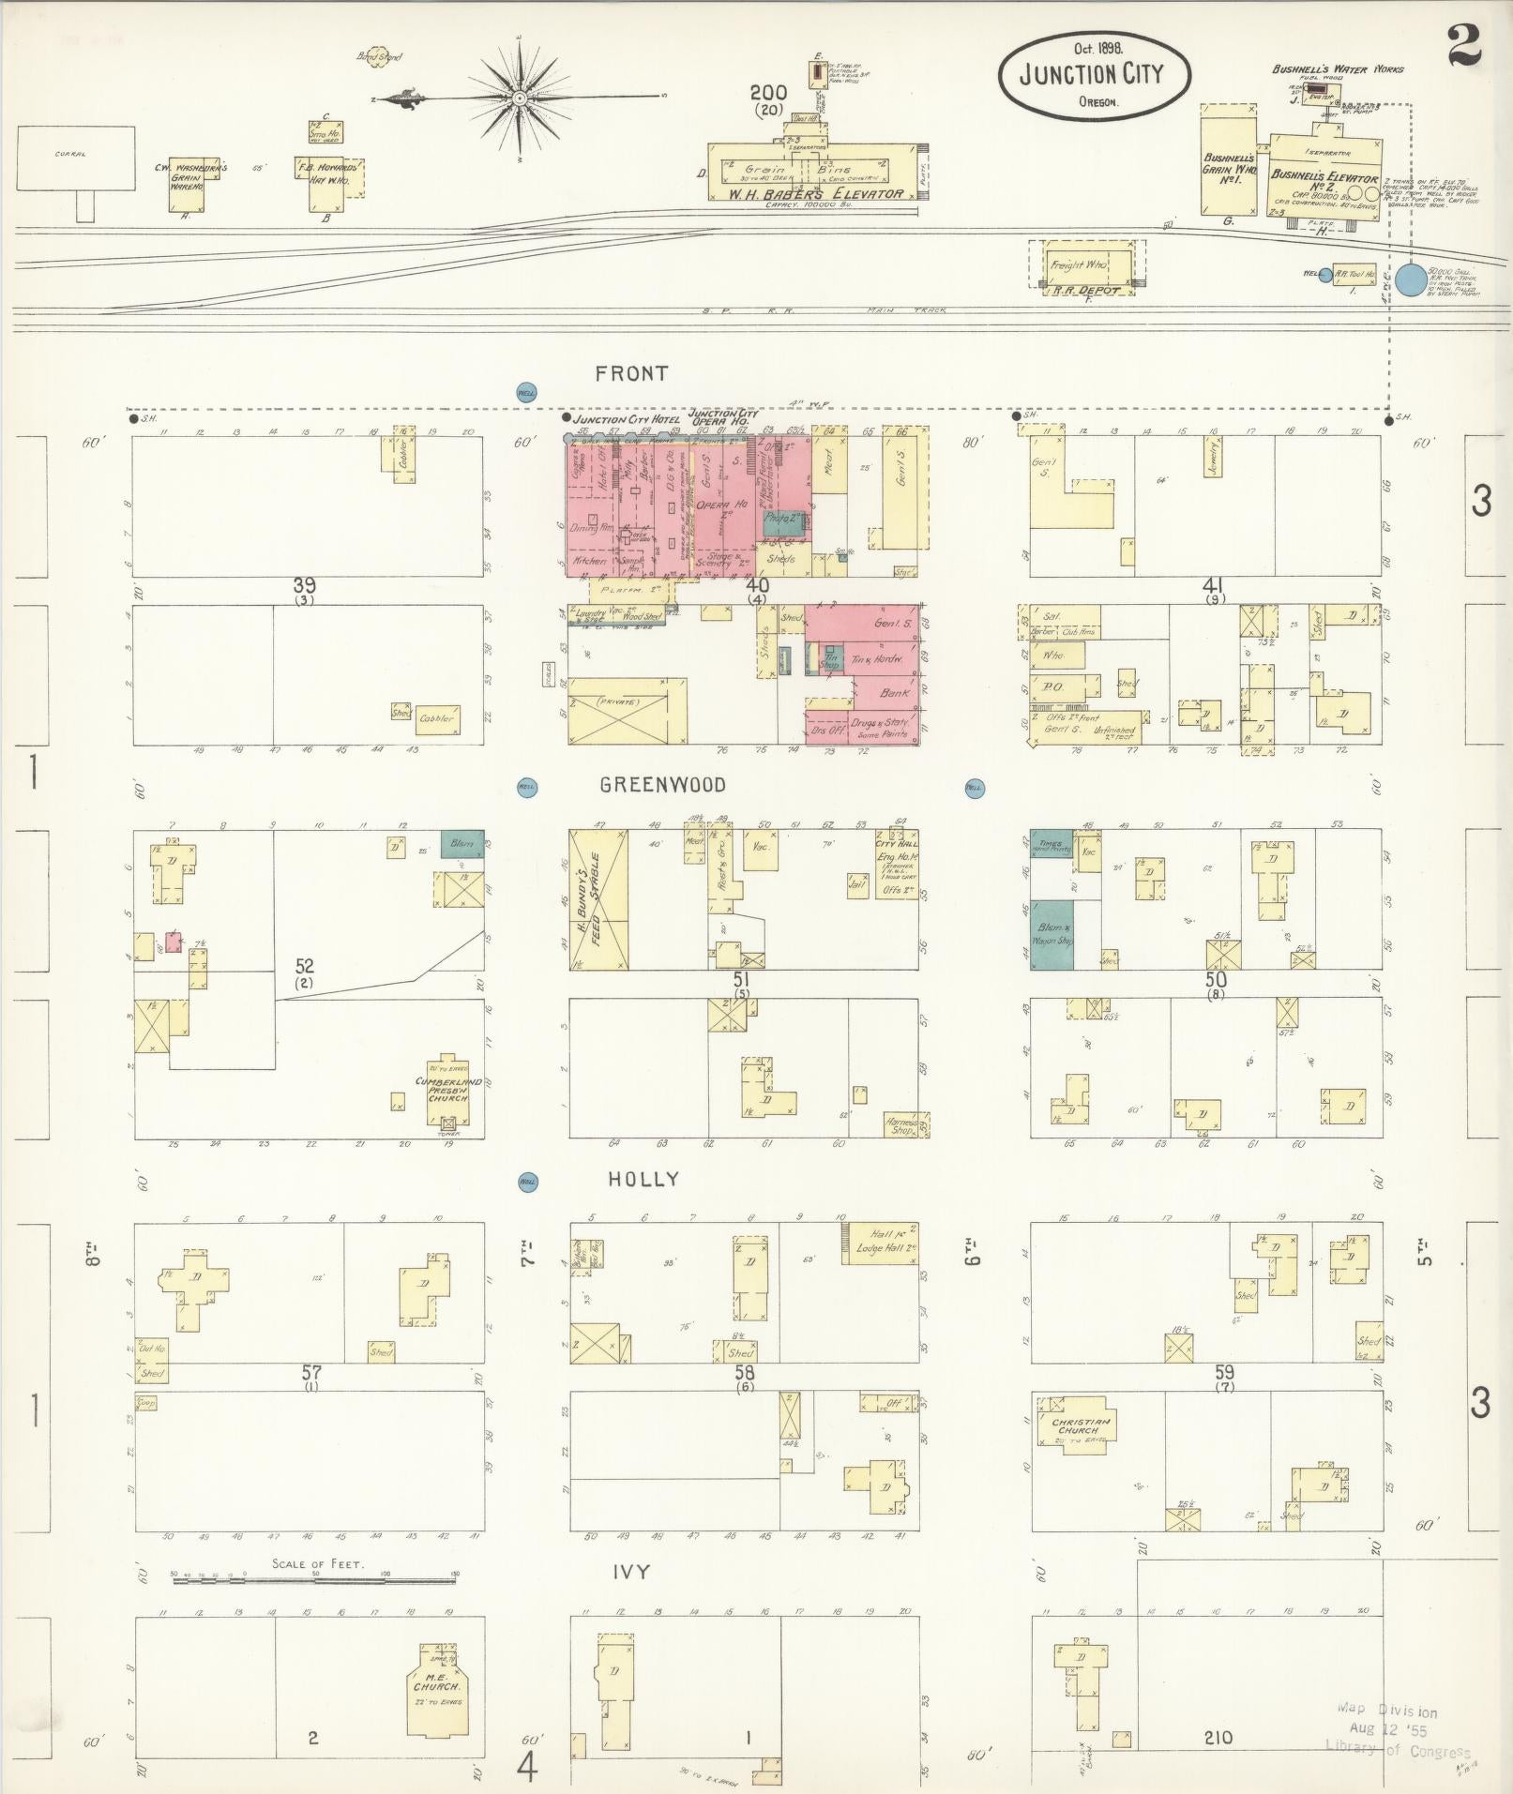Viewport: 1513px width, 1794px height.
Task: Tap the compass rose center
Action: (x=519, y=98)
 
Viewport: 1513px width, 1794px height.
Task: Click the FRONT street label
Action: (x=631, y=374)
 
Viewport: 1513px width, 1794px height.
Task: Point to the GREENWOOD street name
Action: (x=663, y=785)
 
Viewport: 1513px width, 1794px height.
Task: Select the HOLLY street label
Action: (x=643, y=1180)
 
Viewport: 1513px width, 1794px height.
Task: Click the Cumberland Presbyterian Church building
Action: (x=449, y=1093)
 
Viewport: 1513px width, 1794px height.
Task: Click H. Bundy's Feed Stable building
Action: (x=598, y=899)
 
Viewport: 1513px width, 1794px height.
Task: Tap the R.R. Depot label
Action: (x=1087, y=290)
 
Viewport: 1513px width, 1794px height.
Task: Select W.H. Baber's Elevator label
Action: (x=816, y=194)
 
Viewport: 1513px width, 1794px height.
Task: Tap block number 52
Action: (x=304, y=965)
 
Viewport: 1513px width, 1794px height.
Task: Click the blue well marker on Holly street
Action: (x=527, y=1183)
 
